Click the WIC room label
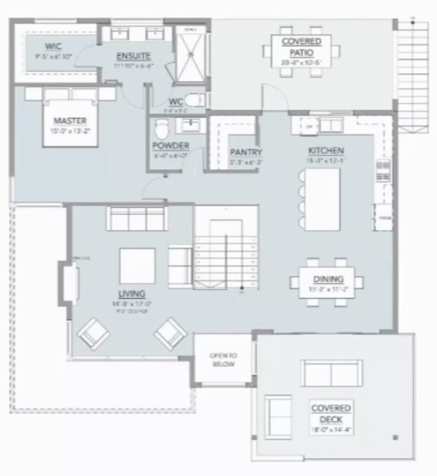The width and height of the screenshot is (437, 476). (53, 46)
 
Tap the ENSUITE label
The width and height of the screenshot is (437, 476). (133, 56)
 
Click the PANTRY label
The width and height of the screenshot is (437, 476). (246, 152)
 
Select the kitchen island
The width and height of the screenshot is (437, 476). (323, 199)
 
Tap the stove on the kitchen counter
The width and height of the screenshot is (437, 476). (383, 171)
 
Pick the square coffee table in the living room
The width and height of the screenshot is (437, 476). (137, 266)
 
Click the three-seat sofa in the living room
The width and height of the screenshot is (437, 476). (137, 218)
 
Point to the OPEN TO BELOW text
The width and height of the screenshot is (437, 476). (223, 360)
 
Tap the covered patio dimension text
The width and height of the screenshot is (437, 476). (301, 62)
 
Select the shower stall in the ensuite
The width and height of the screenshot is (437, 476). (189, 55)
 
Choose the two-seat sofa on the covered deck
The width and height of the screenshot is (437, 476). (331, 373)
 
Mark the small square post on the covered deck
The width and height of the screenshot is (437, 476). (395, 437)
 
